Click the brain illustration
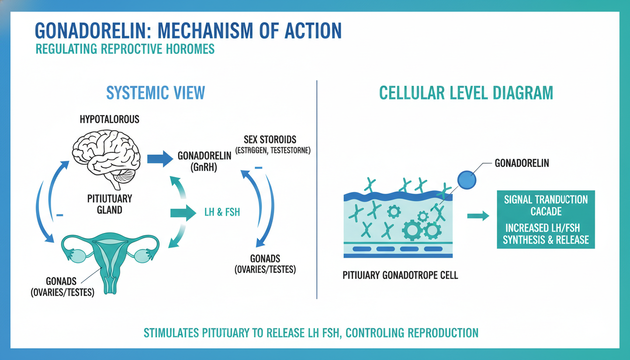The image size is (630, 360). (x=106, y=157)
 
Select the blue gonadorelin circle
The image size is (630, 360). (x=466, y=180)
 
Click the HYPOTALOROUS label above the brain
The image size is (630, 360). (x=109, y=119)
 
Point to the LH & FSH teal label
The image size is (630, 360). (x=222, y=212)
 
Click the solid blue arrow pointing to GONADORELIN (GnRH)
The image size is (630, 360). (x=160, y=159)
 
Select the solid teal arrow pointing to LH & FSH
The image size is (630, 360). (x=183, y=213)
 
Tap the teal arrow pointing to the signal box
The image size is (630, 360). (x=478, y=216)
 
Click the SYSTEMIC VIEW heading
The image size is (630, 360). (x=156, y=93)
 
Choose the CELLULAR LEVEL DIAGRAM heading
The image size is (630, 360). (x=466, y=93)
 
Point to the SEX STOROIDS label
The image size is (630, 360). (x=270, y=140)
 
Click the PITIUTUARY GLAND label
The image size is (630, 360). (x=109, y=204)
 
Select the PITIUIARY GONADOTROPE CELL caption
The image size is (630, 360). (x=400, y=275)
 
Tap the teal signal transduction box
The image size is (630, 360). (x=546, y=219)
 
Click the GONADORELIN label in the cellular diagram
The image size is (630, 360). (x=522, y=163)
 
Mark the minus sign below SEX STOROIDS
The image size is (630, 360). (x=258, y=168)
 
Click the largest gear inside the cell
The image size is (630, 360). (x=412, y=230)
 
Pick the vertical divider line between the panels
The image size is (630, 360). (x=317, y=189)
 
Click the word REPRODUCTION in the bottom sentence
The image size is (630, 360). (x=443, y=333)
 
